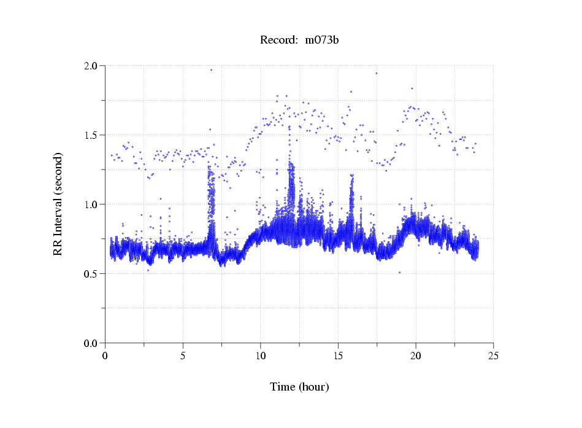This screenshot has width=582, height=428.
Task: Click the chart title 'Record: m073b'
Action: click(x=299, y=41)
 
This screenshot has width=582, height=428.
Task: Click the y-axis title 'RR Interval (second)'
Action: click(x=58, y=204)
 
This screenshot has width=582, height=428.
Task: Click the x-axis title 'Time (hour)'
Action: click(x=299, y=387)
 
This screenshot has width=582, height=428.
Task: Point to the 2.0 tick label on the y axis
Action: click(x=93, y=66)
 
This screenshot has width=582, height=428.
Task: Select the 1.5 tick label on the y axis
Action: click(x=93, y=135)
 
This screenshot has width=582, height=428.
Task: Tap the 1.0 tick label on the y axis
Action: click(x=93, y=204)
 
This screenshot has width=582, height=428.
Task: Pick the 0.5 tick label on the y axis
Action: click(x=93, y=274)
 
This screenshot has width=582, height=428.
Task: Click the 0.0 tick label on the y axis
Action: click(x=93, y=343)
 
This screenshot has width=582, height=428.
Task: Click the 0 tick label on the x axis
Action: click(x=105, y=356)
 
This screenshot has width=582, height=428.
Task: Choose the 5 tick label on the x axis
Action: click(x=183, y=356)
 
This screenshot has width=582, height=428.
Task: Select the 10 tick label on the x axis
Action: click(x=261, y=356)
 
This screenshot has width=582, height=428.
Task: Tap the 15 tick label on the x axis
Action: click(x=338, y=356)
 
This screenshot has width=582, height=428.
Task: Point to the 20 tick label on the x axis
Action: click(x=416, y=356)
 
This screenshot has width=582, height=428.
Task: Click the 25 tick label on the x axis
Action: click(x=493, y=356)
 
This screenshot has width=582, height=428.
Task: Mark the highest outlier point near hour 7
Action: click(x=211, y=70)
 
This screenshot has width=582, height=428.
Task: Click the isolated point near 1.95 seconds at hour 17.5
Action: click(x=377, y=73)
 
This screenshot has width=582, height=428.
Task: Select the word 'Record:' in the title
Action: click(x=276, y=41)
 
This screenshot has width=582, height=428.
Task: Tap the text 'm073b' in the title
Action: click(x=322, y=41)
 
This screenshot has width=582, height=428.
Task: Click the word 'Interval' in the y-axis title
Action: click(x=58, y=196)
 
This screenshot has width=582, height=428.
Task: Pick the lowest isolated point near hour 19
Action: click(x=399, y=273)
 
